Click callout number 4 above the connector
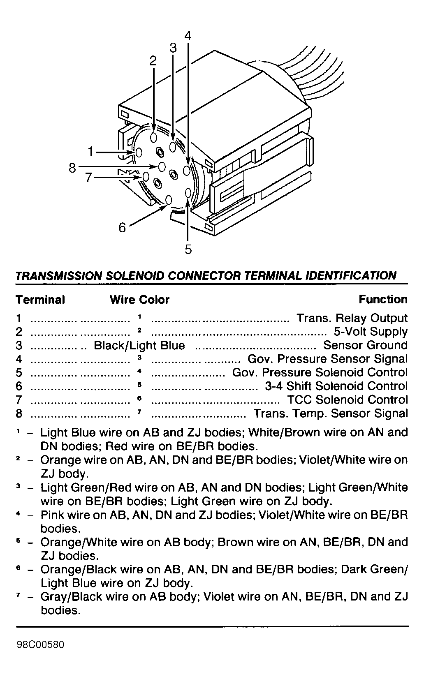[188, 36]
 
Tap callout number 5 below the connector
[188, 249]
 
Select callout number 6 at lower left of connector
[122, 227]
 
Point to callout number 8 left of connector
[72, 168]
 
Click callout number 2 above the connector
[153, 61]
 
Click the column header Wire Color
[139, 300]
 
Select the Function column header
[383, 299]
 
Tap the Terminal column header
[40, 300]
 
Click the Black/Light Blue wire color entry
[139, 345]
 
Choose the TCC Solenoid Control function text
[347, 400]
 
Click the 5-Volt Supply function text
[371, 331]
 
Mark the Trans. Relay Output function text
[352, 318]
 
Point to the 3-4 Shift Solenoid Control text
[336, 386]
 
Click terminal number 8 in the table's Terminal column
[19, 413]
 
